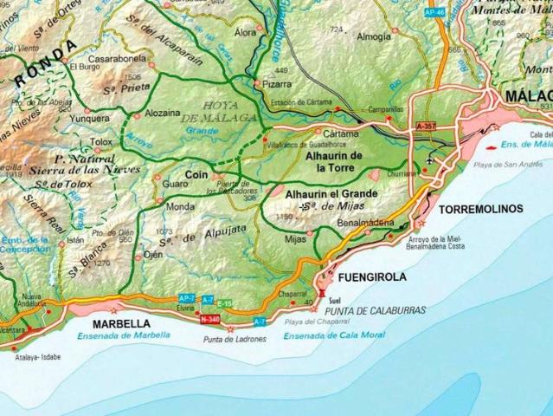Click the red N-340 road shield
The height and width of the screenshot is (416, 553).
tap(209, 319)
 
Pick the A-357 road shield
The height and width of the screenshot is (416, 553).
tap(426, 127)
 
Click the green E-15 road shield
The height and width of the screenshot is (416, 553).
tap(223, 303)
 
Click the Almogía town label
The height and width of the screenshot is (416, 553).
tap(373, 37)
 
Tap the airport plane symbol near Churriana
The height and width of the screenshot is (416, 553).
tap(432, 160)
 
